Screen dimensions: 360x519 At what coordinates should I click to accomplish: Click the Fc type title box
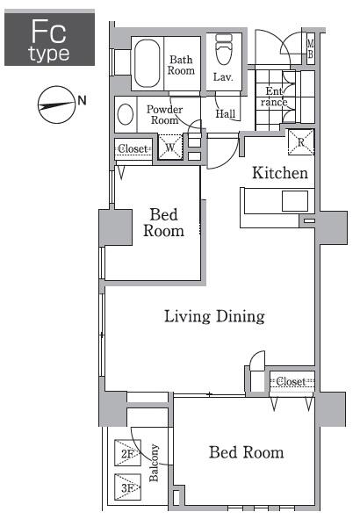point(50,38)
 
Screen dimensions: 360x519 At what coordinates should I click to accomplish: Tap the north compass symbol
point(56,105)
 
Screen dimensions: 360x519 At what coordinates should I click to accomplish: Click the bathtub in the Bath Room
point(148,63)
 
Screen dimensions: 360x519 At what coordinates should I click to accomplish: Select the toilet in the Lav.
point(224,49)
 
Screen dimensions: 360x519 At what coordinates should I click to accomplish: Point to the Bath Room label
point(181,65)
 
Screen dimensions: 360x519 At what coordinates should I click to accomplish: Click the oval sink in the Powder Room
point(126,114)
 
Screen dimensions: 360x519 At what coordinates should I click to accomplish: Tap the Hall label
point(226,114)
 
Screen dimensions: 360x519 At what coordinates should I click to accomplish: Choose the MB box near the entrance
point(310,48)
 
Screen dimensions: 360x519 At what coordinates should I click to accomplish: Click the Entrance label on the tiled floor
point(274,97)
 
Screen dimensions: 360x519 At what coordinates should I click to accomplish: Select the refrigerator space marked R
point(301,142)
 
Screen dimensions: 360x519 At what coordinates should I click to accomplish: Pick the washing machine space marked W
point(170,147)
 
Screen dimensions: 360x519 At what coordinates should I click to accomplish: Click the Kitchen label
point(280,173)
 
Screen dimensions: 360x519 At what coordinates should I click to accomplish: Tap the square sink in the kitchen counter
point(295,201)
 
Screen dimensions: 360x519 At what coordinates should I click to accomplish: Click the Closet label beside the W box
point(133,148)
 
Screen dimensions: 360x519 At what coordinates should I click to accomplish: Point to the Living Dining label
point(214,316)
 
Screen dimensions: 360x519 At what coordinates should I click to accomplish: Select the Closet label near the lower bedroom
point(291,381)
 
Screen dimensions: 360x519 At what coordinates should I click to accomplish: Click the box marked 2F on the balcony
point(127,453)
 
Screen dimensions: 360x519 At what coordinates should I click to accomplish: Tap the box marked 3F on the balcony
point(127,487)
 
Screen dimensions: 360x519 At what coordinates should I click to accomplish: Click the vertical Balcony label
point(154,463)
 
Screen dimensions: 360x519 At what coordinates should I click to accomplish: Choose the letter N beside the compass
point(82,100)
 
